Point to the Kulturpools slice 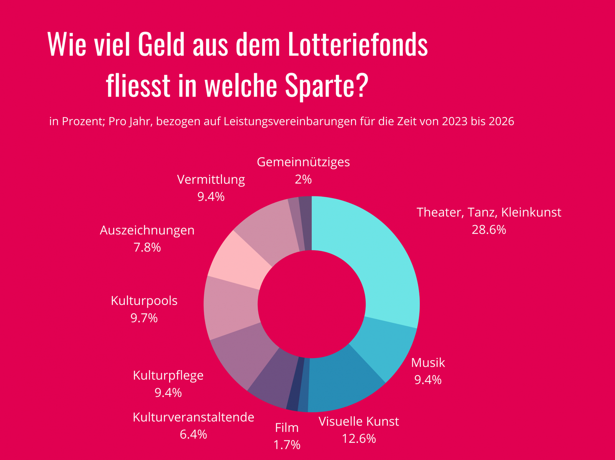click(x=231, y=307)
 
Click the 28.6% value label click(x=489, y=230)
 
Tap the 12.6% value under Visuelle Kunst click(x=359, y=439)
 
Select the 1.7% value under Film click(x=287, y=445)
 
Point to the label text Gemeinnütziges click(x=303, y=162)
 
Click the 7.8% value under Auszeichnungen click(x=147, y=248)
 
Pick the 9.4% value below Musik click(x=428, y=380)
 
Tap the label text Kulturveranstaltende click(x=193, y=417)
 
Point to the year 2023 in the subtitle click(x=455, y=122)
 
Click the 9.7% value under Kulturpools click(x=144, y=318)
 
